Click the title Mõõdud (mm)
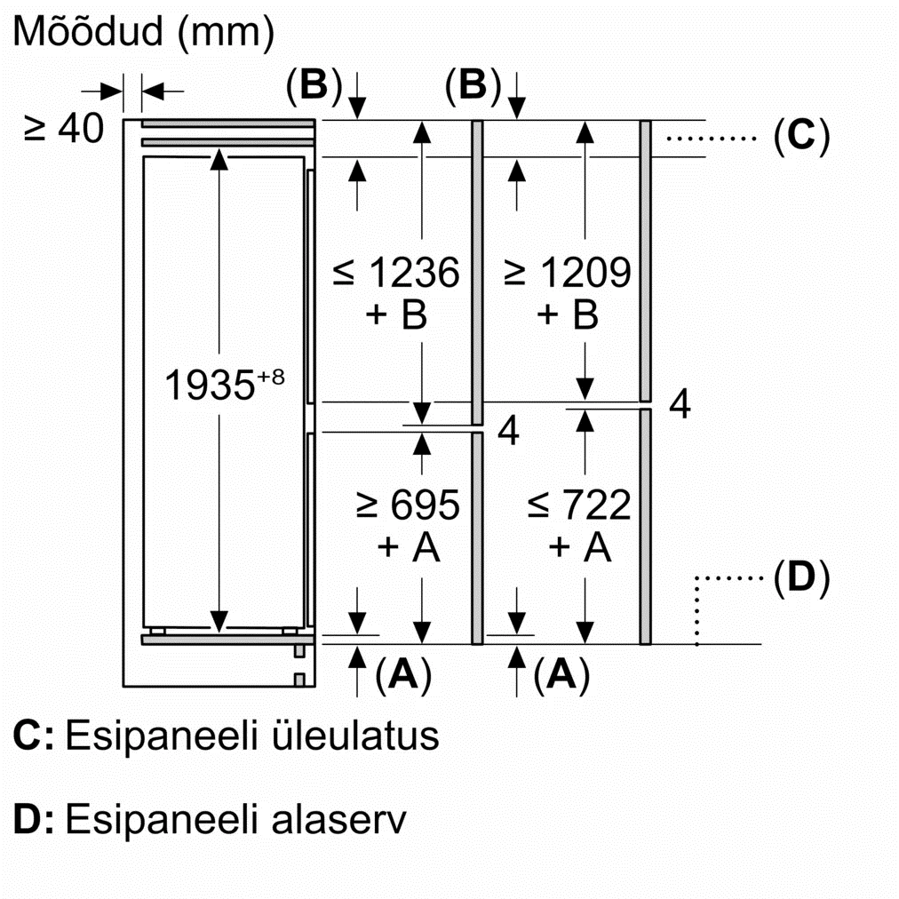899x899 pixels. [x=143, y=32]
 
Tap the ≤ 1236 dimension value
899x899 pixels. [x=396, y=274]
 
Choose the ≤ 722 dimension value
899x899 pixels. [x=578, y=505]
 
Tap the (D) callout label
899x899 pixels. [x=800, y=577]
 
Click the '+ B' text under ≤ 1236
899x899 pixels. [x=396, y=315]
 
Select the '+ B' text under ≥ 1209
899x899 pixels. [x=568, y=315]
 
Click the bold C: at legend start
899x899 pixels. [x=35, y=736]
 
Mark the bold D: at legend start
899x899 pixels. [x=35, y=818]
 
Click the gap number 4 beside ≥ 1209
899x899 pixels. [x=679, y=404]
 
